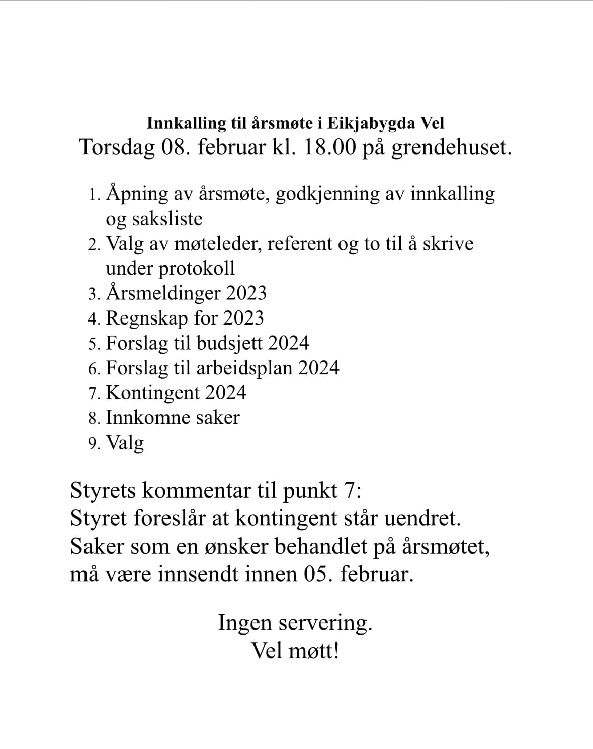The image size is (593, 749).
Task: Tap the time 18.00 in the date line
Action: [329, 148]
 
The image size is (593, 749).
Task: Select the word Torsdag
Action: [117, 148]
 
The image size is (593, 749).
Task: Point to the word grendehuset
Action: [451, 148]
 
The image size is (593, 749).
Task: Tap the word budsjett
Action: [229, 343]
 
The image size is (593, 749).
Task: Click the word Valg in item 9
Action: [125, 443]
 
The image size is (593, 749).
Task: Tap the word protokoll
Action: [197, 269]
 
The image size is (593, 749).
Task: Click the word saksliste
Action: [167, 219]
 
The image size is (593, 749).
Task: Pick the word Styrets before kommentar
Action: [103, 490]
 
